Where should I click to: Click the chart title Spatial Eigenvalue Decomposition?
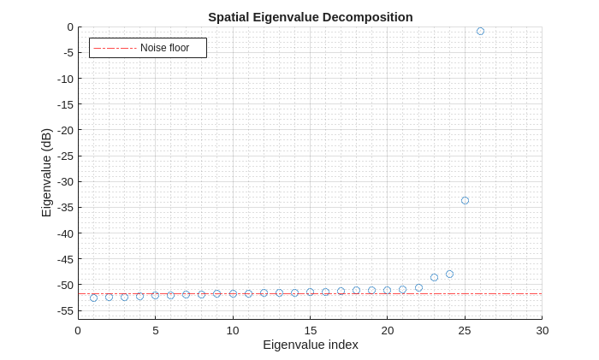pos(310,17)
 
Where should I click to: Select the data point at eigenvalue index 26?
pos(480,31)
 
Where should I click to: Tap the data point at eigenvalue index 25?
pos(465,200)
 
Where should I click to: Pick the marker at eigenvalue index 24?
pos(449,274)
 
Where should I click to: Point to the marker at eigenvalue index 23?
pos(434,277)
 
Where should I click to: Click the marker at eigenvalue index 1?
pos(93,298)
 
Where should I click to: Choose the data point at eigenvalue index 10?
pos(233,293)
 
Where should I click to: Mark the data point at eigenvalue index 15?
pos(310,292)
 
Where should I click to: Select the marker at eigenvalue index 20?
pos(387,290)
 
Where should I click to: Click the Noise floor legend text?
pos(164,48)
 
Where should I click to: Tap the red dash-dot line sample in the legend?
pos(115,48)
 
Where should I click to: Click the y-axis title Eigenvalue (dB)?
pos(46,173)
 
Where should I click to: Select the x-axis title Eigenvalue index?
pos(310,345)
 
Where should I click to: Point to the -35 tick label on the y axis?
pos(62,207)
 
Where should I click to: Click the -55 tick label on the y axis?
pos(62,310)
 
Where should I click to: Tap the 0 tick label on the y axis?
pos(69,27)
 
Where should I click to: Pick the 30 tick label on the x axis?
pos(542,330)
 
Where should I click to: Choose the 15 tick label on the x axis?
pos(310,330)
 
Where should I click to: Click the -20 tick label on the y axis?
pos(62,130)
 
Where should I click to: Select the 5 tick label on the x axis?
pos(155,330)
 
